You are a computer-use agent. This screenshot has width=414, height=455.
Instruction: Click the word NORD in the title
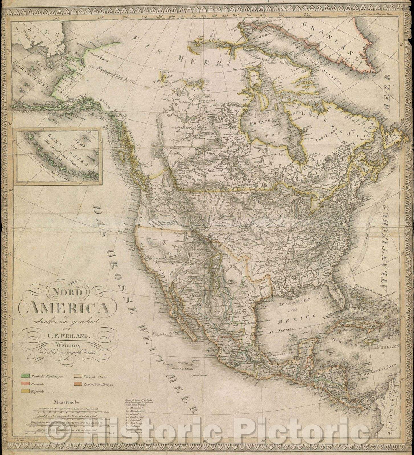(63, 290)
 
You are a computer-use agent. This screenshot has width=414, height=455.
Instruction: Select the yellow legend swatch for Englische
(26, 390)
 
